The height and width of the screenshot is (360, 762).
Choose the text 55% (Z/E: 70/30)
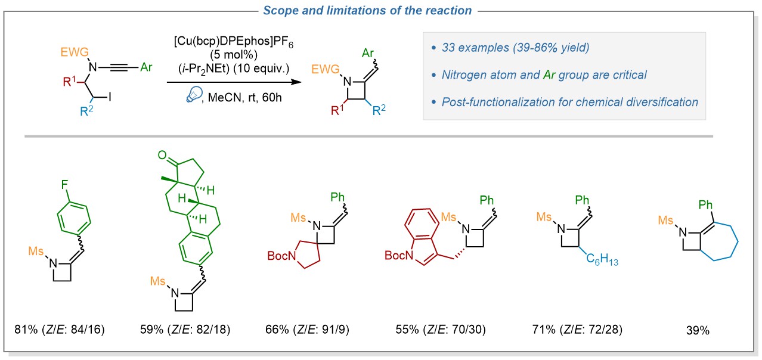pyautogui.click(x=440, y=328)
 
